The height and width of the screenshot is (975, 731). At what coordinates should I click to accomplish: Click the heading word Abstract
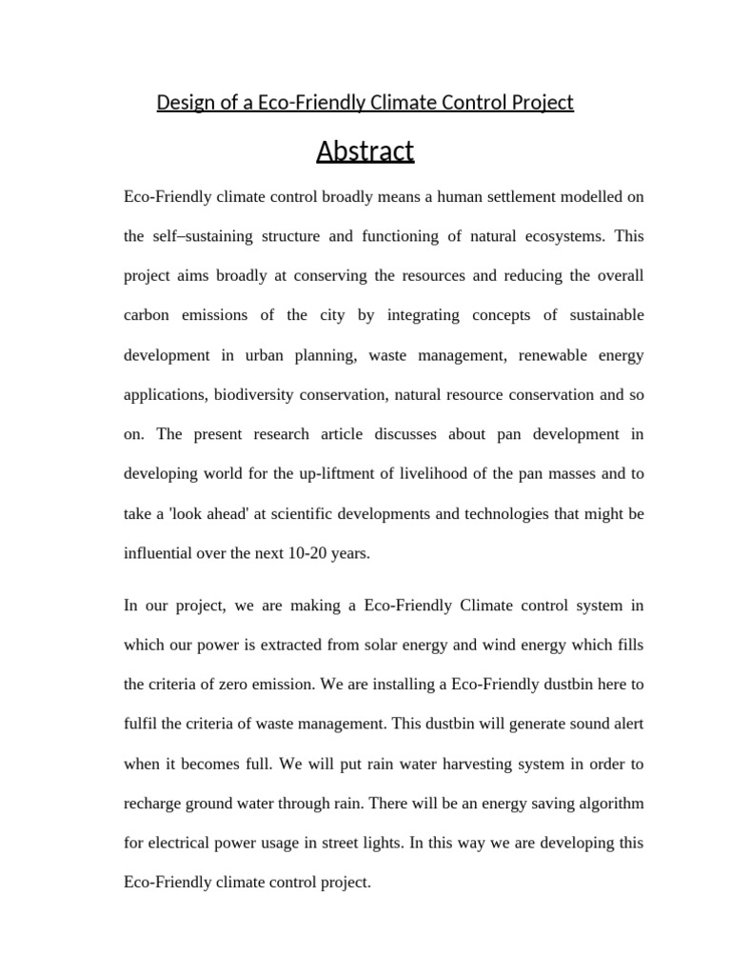click(x=365, y=151)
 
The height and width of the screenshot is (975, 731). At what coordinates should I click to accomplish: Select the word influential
click(x=161, y=553)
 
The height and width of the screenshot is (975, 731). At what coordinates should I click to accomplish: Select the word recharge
click(x=153, y=803)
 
